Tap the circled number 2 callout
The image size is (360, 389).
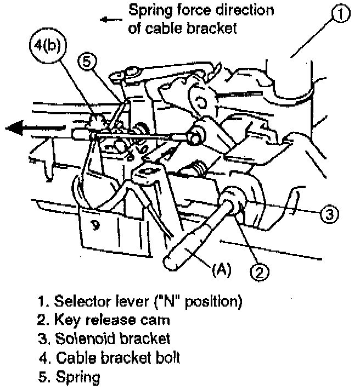coord(260,270)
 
